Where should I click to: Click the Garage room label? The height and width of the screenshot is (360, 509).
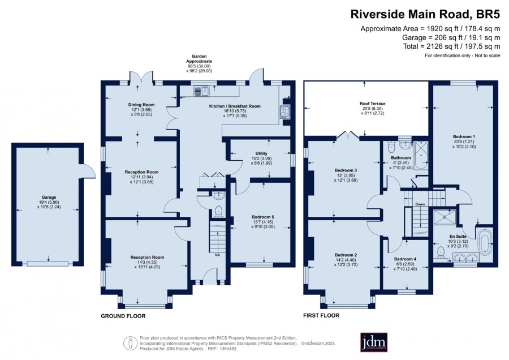[49, 197]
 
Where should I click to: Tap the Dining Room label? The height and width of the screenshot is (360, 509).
[141, 105]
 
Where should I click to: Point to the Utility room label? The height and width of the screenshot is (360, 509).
[261, 153]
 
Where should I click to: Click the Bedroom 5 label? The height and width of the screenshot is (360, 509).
[263, 217]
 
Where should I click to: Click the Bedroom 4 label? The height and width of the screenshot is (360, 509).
[405, 259]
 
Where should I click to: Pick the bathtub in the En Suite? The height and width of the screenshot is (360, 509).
[484, 241]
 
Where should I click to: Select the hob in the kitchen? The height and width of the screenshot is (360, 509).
[284, 111]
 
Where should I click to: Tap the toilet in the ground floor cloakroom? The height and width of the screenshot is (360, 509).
[218, 211]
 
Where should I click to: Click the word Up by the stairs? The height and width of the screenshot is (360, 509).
[217, 255]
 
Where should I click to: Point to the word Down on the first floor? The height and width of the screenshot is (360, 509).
[420, 204]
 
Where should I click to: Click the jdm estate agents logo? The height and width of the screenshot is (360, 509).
[374, 342]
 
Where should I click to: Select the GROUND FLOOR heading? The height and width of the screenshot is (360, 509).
[123, 316]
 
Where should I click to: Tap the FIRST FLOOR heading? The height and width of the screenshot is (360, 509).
[321, 315]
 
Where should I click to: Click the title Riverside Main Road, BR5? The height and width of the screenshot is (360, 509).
[425, 15]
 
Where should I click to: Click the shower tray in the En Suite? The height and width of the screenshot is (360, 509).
[445, 217]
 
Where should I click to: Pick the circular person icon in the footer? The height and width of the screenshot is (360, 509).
[130, 343]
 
